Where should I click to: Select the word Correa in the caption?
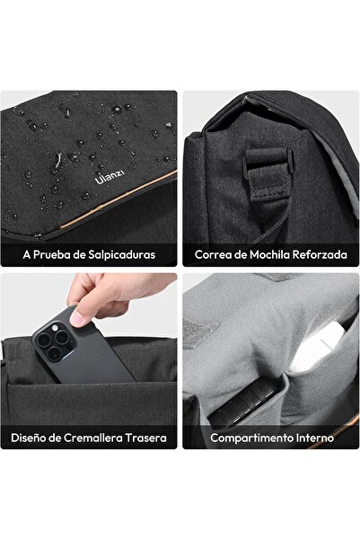click(x=209, y=255)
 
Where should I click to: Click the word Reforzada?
click(x=320, y=255)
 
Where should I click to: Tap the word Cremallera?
click(x=93, y=438)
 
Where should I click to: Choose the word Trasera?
click(x=146, y=438)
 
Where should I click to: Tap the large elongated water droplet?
click(x=57, y=163)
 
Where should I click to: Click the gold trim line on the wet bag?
click(x=118, y=199)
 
